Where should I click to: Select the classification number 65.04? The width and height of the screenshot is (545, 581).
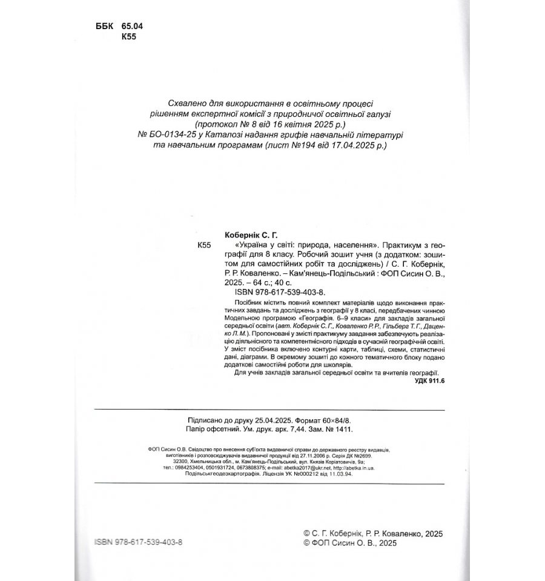tap(131, 27)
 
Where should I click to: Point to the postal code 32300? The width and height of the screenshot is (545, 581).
tap(182, 461)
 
